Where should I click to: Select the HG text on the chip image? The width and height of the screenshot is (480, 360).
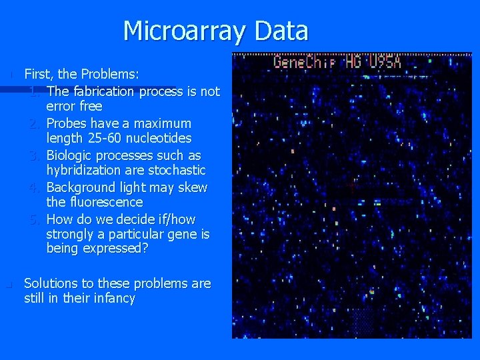coord(353,63)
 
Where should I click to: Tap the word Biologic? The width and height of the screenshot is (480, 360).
coord(70,155)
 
